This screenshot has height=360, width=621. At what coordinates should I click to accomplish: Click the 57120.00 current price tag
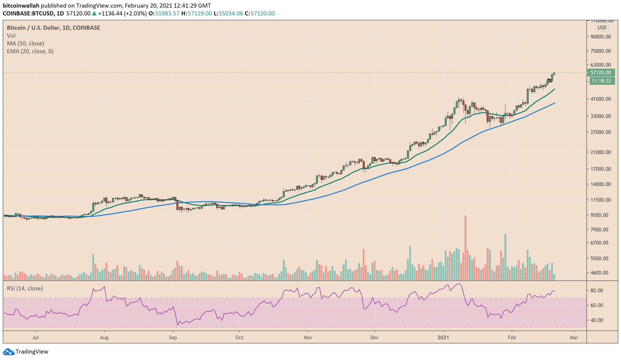600,73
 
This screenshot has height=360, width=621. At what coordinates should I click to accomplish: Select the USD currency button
602,28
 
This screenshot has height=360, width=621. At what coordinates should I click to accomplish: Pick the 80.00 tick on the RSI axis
597,290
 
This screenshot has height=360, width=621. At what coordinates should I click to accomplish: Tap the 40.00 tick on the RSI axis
597,320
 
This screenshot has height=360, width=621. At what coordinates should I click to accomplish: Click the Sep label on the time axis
173,337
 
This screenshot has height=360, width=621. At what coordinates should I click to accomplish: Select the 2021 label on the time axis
443,337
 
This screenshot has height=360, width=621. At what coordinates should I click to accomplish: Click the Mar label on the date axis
574,337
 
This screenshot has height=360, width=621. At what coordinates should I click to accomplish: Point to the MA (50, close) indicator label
25,43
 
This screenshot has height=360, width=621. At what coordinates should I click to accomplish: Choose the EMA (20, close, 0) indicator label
30,51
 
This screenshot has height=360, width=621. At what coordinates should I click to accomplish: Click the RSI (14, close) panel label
25,289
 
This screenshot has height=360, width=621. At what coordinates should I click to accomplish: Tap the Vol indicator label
11,36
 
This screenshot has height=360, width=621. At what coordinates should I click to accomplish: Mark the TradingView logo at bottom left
26,351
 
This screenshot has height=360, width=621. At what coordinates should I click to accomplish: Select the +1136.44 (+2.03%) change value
122,14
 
